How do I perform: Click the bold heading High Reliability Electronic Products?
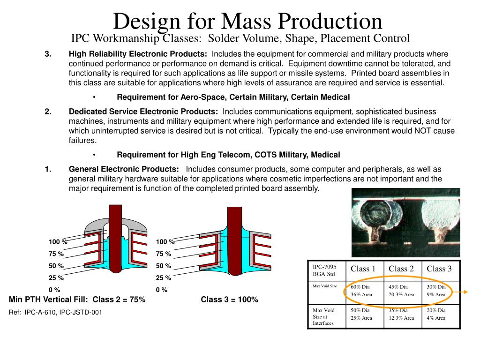click(x=138, y=54)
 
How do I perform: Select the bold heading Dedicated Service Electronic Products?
click(x=143, y=112)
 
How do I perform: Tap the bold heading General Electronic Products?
click(x=123, y=169)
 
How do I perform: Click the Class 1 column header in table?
click(x=363, y=269)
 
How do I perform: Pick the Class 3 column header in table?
click(x=439, y=269)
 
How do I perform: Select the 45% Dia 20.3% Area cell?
click(x=401, y=291)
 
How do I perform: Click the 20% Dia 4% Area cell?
click(x=436, y=314)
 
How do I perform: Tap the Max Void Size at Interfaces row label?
click(x=323, y=316)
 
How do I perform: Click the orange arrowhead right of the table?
click(x=467, y=292)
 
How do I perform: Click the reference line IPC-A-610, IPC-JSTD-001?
click(x=55, y=312)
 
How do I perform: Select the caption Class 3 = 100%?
click(x=229, y=300)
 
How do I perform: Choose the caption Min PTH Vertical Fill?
click(x=77, y=300)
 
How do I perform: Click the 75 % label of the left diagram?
click(x=56, y=254)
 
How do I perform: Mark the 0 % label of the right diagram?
click(x=162, y=290)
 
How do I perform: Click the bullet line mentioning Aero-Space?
click(x=233, y=97)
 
